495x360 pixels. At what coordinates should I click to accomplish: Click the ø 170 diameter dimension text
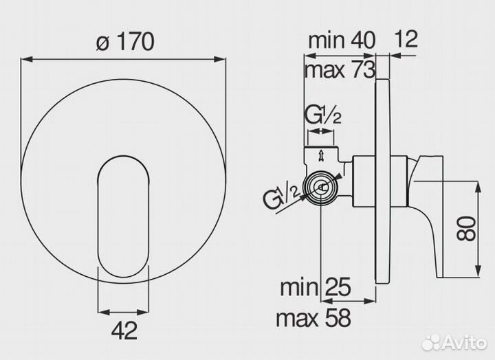pos(125,41)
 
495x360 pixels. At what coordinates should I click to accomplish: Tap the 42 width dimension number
pos(124,330)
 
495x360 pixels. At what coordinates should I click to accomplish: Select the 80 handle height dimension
pos(467,229)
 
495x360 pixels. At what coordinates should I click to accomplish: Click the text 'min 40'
pos(342,40)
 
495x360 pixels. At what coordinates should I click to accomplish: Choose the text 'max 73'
pos(340,70)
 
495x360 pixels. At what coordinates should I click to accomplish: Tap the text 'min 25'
pos(316,286)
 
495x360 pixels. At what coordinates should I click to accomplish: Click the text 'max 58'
pos(313,317)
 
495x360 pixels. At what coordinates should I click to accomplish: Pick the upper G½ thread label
pos(322,116)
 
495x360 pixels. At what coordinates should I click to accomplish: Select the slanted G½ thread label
pos(281,198)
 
